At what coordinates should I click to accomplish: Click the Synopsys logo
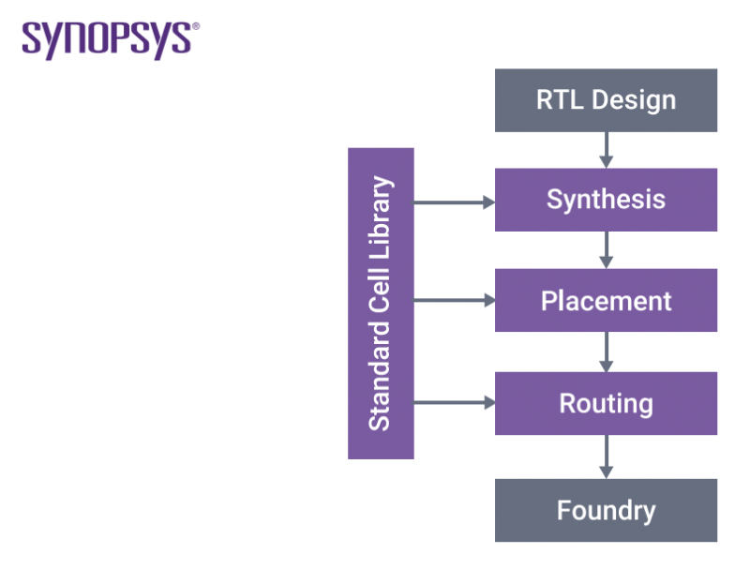click(x=109, y=39)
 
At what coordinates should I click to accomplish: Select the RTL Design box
click(x=606, y=99)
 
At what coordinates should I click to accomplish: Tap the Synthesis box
click(x=606, y=200)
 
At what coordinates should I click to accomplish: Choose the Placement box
click(x=606, y=301)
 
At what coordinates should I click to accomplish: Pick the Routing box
click(x=606, y=403)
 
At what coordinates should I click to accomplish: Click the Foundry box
click(x=606, y=510)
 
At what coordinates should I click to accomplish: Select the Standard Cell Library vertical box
click(x=381, y=303)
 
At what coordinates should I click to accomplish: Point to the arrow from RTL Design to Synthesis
click(x=606, y=149)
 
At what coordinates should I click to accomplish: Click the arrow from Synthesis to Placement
click(x=606, y=249)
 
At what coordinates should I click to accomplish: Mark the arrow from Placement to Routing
click(x=606, y=352)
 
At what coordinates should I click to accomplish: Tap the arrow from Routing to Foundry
click(x=606, y=457)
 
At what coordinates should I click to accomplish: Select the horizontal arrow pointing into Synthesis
click(x=454, y=202)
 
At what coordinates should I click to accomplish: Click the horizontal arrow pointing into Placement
click(x=454, y=301)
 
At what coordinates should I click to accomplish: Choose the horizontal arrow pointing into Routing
click(x=454, y=402)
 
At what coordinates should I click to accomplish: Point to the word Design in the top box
click(x=629, y=99)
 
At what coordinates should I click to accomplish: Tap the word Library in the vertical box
click(x=380, y=216)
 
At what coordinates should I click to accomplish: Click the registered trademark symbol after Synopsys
click(x=195, y=27)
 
